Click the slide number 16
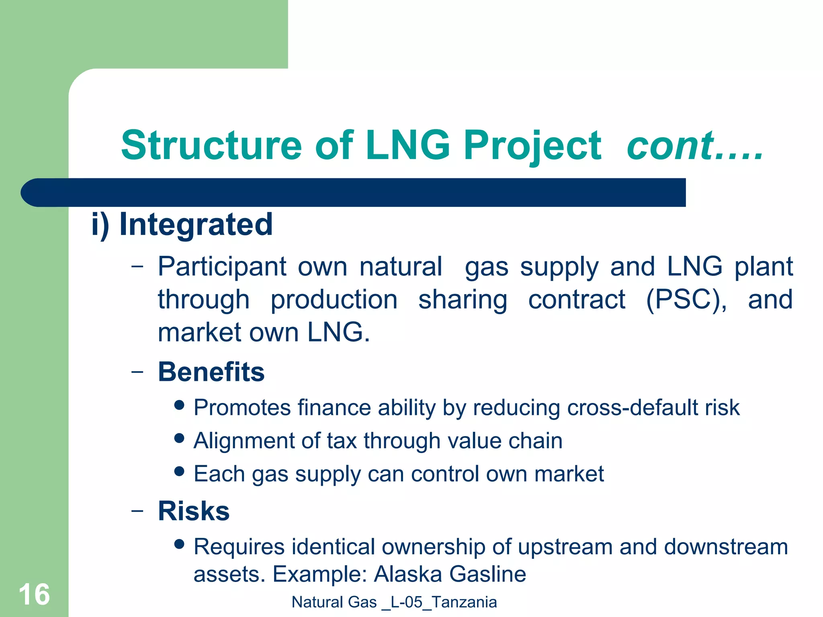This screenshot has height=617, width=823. tap(34, 595)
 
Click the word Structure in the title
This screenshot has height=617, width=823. tap(211, 145)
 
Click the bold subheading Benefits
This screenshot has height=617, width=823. tap(211, 372)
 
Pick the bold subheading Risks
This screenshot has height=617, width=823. tap(194, 511)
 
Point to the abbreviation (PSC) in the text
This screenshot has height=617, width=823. tap(686, 299)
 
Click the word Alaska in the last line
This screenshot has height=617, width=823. tap(408, 574)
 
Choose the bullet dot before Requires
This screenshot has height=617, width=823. tap(180, 544)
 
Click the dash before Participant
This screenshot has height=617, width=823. tap(137, 266)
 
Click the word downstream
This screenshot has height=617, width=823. tap(726, 547)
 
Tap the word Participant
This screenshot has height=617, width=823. tap(222, 267)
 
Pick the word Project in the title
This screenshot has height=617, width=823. tap(532, 146)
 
